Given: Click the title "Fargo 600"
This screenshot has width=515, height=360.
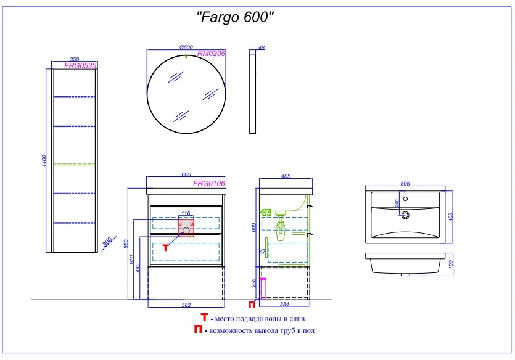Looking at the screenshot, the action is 235,17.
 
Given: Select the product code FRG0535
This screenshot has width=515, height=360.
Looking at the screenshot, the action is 80,65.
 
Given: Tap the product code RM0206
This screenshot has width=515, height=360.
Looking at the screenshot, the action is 211,54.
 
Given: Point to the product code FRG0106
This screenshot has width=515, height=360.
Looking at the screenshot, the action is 209,184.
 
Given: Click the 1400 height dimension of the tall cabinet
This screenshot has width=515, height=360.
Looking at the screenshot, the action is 44,160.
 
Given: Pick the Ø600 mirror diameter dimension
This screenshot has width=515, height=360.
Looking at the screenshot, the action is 186,47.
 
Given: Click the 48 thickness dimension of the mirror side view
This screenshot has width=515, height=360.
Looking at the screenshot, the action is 262,47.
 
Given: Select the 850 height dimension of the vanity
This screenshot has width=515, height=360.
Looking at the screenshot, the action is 126,244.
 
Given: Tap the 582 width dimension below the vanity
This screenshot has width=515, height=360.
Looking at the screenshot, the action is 186,305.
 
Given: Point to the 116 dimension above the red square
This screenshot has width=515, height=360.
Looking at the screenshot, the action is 186,213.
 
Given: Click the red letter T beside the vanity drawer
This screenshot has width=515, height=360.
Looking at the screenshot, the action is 165,248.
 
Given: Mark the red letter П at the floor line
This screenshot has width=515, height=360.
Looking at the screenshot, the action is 252,305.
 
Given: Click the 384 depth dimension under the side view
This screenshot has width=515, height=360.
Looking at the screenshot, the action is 284,304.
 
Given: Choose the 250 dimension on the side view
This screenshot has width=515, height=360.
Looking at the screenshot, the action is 253,283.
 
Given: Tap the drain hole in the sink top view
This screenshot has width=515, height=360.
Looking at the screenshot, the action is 405,215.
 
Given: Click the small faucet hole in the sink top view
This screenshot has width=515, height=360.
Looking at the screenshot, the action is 405,199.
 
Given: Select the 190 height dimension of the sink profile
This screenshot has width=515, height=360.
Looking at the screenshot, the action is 450,264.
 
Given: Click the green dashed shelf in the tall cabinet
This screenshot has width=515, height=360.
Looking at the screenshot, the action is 75,165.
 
